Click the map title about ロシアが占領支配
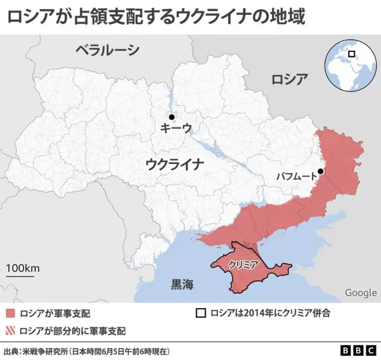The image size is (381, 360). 157,16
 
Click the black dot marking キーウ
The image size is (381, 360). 171,117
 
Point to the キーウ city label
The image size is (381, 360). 176,128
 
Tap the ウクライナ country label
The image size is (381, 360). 175,164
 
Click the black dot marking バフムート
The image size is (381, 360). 320,171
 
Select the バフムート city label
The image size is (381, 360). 296,176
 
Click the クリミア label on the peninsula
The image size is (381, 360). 242,265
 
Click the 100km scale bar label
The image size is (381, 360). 23,268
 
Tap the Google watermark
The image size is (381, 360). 361,293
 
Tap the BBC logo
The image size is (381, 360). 359,350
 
